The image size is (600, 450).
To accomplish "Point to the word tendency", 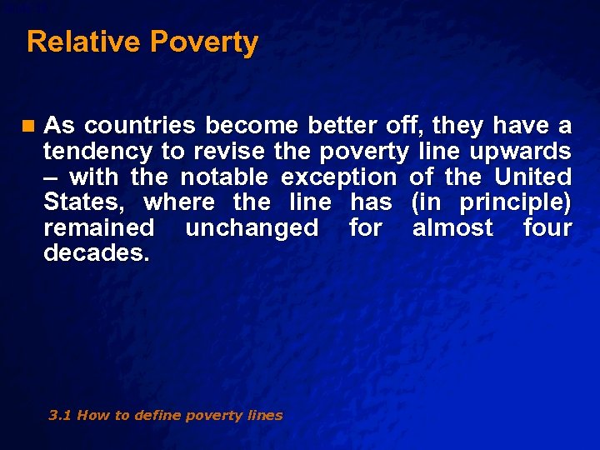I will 97,152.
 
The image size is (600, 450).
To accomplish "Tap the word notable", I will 224,177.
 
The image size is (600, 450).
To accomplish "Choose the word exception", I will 339,177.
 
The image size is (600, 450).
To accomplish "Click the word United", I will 533,177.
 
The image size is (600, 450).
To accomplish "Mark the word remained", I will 98,227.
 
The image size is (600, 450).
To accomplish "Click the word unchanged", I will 252,227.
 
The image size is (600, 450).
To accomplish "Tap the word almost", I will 453,227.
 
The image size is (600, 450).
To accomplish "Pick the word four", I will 547,227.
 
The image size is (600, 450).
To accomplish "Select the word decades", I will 97,252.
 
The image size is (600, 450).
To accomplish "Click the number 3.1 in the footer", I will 60,415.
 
